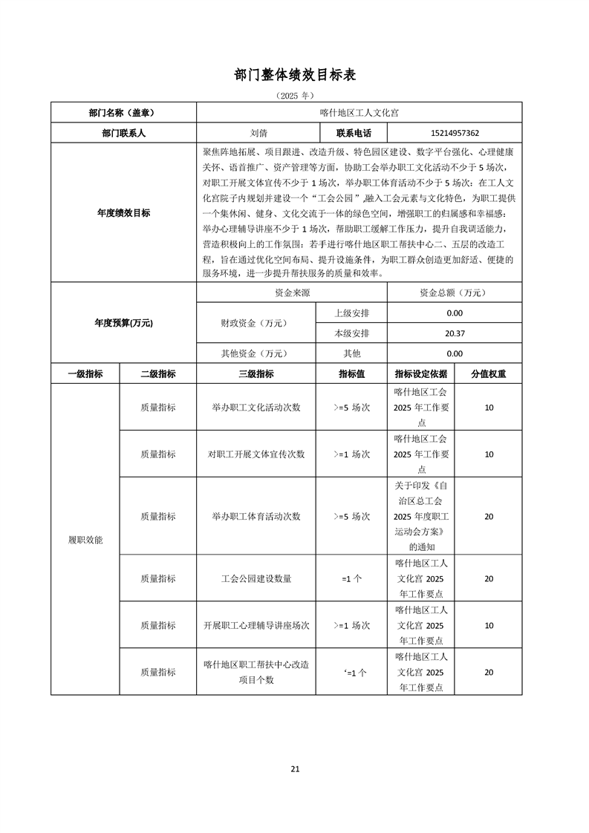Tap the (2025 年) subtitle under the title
pos(295,96)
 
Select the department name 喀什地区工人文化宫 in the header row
pos(359,113)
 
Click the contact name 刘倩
pos(259,134)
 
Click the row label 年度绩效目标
pos(123,213)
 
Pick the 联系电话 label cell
pos(353,134)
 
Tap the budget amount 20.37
pos(455,333)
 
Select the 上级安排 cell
pos(352,313)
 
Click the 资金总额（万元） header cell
pos(455,293)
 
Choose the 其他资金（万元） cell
pos(256,354)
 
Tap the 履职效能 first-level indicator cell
pos(85,540)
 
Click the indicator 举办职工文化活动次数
pos(256,408)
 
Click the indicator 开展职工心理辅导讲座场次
pos(256,625)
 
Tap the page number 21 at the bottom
pos(295,768)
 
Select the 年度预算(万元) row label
pos(123,324)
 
